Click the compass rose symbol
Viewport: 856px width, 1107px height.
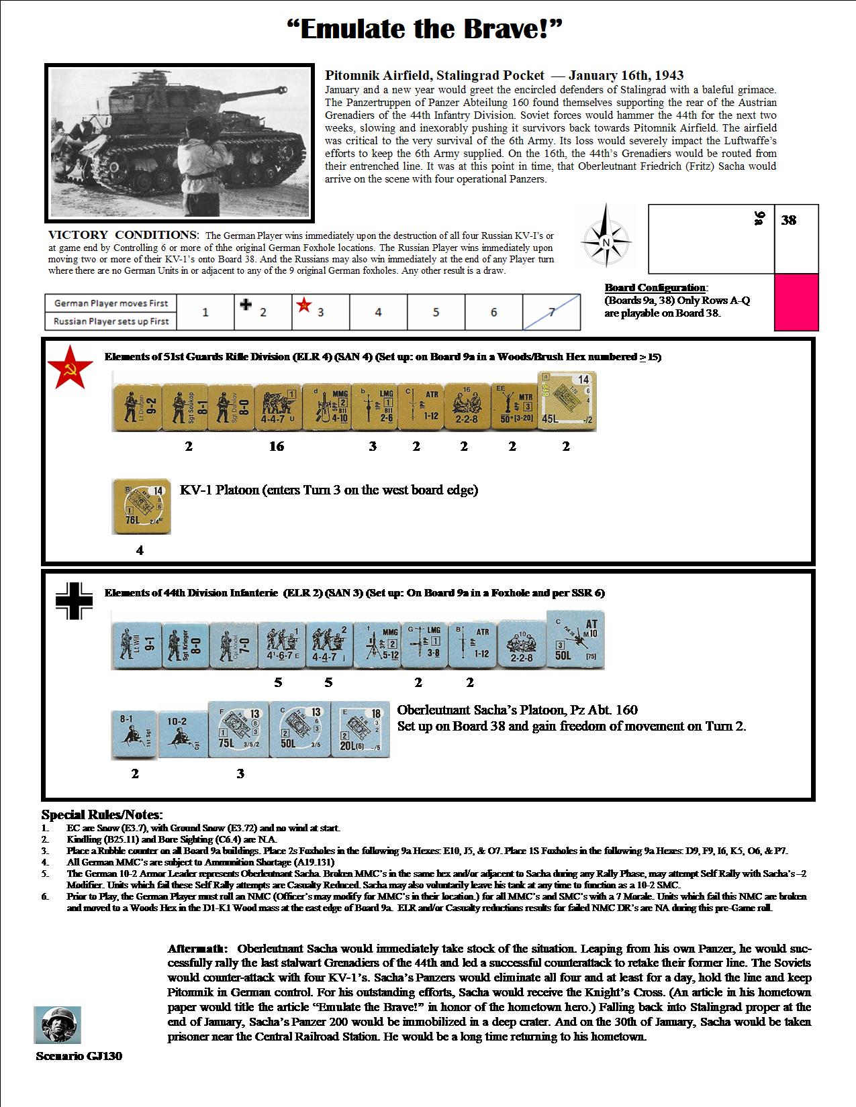click(x=606, y=241)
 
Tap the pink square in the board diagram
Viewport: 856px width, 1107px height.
click(x=796, y=302)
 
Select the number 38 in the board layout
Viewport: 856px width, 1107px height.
click(x=789, y=220)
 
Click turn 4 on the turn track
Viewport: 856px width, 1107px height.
click(x=378, y=312)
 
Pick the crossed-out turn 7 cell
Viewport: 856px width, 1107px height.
click(x=551, y=312)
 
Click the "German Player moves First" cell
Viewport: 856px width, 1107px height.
click(x=111, y=303)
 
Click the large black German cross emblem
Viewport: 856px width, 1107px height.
click(x=73, y=599)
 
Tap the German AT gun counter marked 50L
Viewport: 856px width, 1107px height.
click(x=576, y=639)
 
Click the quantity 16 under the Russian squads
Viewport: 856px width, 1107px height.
click(x=277, y=446)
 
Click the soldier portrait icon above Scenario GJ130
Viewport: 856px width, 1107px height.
click(x=58, y=1024)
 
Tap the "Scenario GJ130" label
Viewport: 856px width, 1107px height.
click(x=79, y=1056)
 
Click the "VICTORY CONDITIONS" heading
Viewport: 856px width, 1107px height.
click(x=123, y=235)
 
